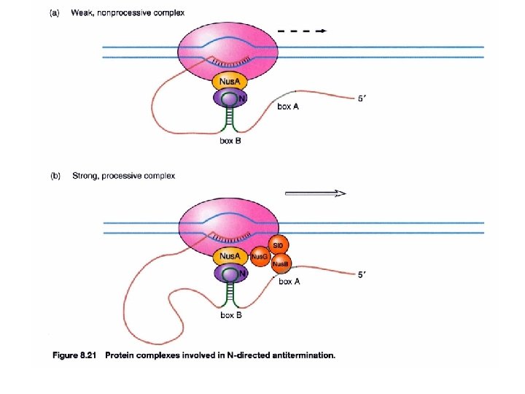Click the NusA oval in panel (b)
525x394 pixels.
click(230, 257)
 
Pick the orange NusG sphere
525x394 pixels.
click(260, 257)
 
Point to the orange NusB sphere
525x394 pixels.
click(281, 264)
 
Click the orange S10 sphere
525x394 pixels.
click(278, 245)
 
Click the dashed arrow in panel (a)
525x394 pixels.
click(303, 31)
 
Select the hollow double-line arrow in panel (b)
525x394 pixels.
click(314, 193)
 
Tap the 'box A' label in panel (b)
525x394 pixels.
click(289, 282)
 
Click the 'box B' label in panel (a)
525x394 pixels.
click(230, 141)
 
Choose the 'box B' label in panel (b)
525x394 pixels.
click(230, 315)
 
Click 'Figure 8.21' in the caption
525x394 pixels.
click(75, 356)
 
